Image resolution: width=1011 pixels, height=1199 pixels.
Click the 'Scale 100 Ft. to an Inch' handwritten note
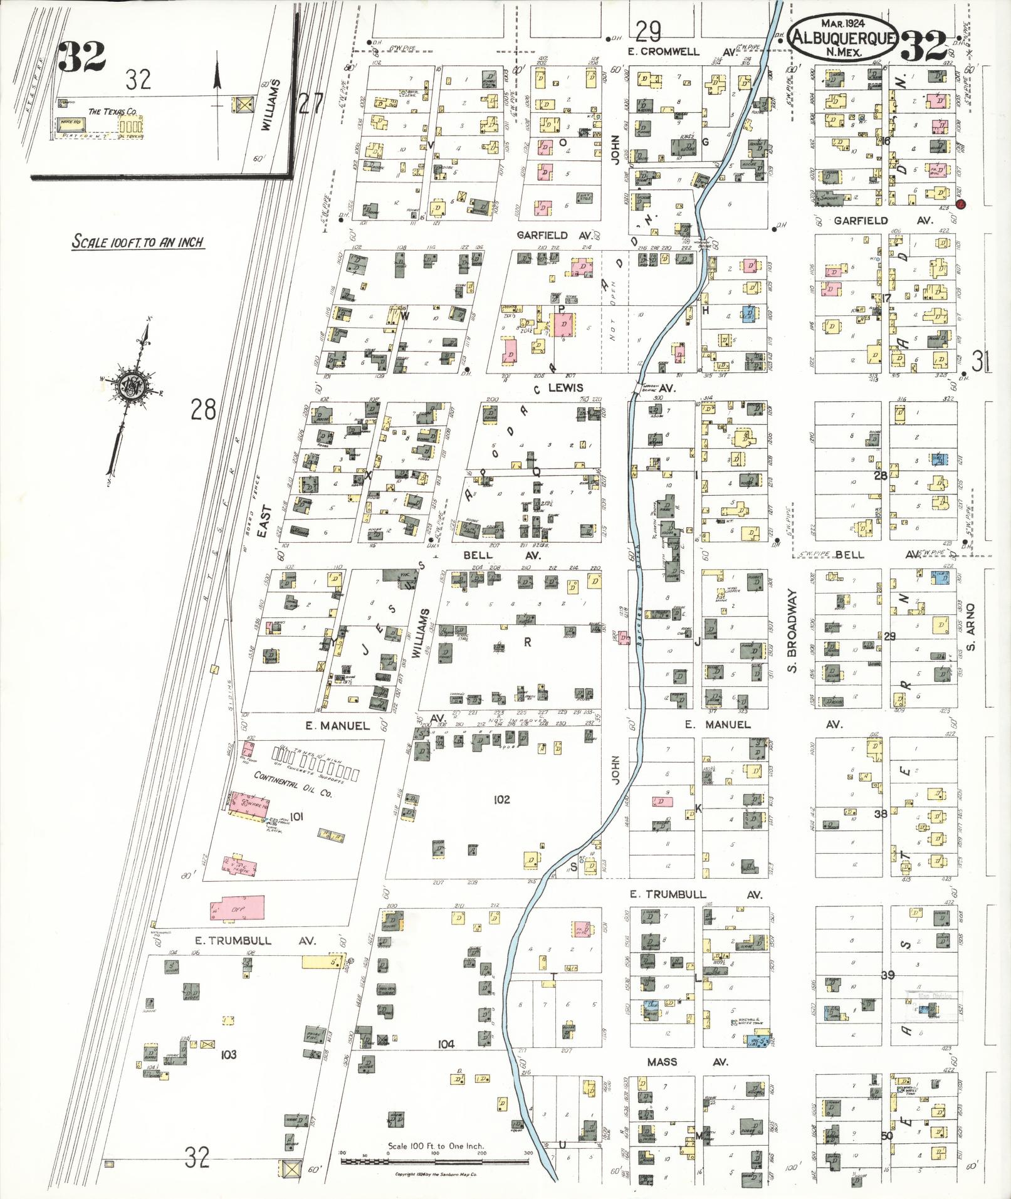(x=138, y=242)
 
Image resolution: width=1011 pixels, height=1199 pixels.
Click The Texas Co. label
(x=113, y=112)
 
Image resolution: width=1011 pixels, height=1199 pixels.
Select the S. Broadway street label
(x=792, y=631)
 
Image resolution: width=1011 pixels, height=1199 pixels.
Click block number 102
(x=501, y=799)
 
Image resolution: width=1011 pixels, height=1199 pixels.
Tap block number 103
(x=228, y=1054)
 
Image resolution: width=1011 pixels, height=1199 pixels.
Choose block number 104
(x=446, y=1044)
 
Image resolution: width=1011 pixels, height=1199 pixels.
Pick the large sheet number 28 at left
(x=203, y=411)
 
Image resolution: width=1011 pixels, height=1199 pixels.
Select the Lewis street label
(x=565, y=388)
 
